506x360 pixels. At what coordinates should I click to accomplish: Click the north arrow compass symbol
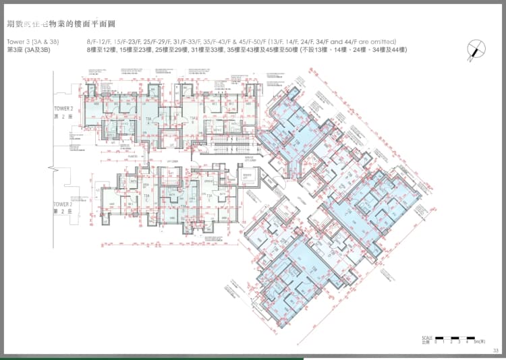476,48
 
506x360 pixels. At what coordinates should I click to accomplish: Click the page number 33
496,350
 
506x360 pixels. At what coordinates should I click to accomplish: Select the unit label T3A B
193,118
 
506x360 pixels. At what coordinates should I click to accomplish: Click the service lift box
250,160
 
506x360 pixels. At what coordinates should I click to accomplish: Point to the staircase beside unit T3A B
223,142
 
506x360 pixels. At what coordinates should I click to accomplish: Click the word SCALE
426,337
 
